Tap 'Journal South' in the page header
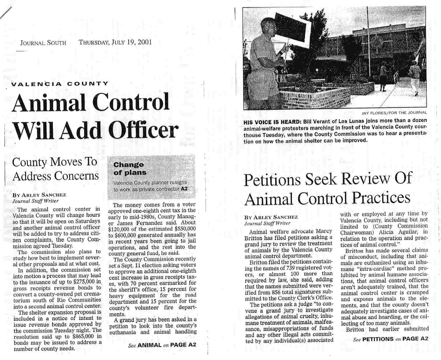[x=43, y=43]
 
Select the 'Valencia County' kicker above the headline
[x=60, y=84]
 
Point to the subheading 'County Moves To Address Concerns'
[x=55, y=169]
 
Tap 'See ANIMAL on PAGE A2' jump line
[x=162, y=345]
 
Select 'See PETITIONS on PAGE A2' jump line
[x=391, y=339]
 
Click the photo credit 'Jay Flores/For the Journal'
[x=394, y=112]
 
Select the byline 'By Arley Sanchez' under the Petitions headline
[x=271, y=217]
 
